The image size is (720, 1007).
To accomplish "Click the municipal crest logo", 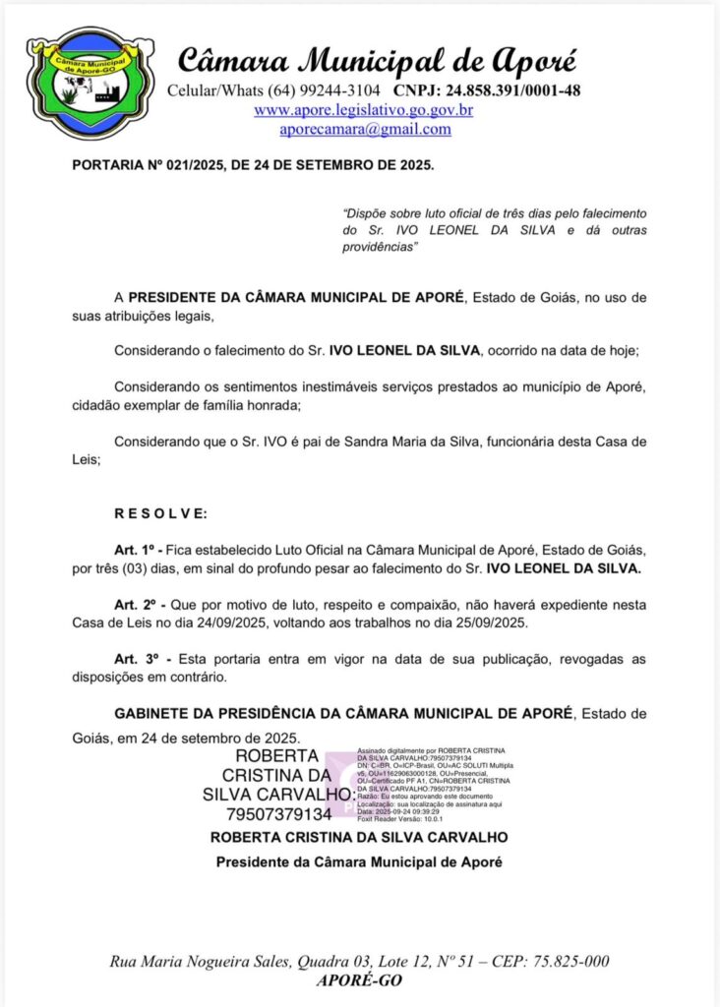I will (x=90, y=84).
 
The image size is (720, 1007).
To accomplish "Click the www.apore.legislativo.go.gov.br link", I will (x=364, y=110).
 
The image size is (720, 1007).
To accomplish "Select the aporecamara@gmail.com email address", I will (x=365, y=129).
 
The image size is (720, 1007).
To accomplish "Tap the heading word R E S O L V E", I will (x=161, y=513).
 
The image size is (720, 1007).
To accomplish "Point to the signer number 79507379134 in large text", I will (x=278, y=814).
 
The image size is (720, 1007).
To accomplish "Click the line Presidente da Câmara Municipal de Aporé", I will (x=359, y=862).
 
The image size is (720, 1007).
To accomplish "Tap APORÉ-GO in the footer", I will (x=360, y=980).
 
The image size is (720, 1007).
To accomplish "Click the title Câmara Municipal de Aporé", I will (x=378, y=60).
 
